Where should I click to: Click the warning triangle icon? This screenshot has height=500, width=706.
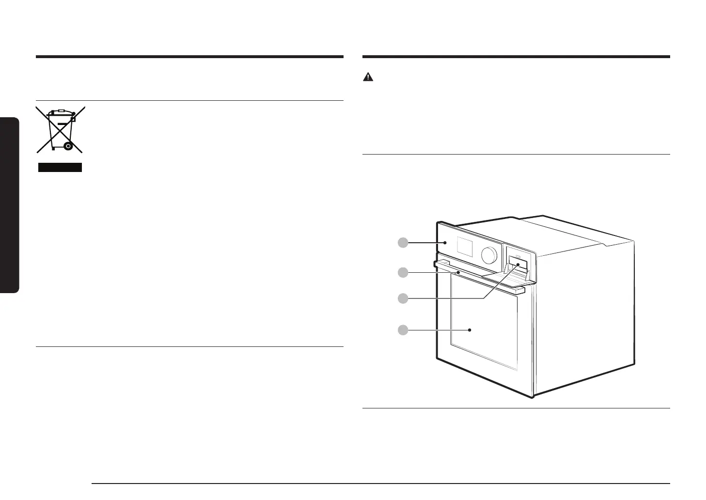[x=369, y=77]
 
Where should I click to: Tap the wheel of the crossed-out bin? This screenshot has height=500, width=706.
[x=68, y=145]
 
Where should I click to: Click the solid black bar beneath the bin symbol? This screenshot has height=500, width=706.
[x=60, y=168]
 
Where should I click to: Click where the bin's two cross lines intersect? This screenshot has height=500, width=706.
[x=60, y=129]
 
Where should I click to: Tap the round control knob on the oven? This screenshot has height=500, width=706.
[x=489, y=255]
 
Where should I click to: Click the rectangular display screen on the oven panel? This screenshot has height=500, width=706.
[x=465, y=248]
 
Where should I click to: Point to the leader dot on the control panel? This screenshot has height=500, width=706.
[x=444, y=243]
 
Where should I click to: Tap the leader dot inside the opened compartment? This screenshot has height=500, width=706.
[x=518, y=265]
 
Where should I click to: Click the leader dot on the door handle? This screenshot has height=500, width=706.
[x=457, y=273]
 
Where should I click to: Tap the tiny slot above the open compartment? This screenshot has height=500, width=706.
[x=517, y=255]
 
